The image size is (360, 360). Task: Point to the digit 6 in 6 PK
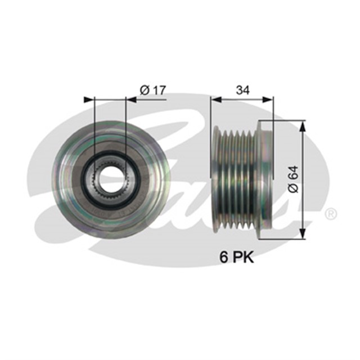(223, 258)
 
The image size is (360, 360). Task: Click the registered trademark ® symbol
(331, 214)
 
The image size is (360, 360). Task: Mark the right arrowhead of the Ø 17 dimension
(132, 100)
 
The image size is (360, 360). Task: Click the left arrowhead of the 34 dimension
(215, 100)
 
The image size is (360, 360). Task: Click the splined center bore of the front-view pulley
(110, 179)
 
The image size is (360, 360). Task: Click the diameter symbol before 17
(143, 89)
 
